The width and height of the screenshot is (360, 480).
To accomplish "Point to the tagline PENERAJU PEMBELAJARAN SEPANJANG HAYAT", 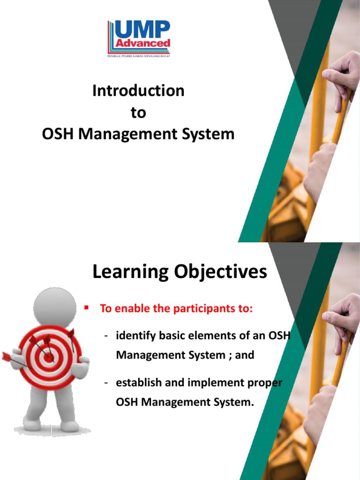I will coord(138,56).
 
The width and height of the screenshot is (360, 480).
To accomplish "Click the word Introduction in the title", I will coord(138,90).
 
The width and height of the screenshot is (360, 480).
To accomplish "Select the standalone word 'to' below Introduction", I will coord(138,112).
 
